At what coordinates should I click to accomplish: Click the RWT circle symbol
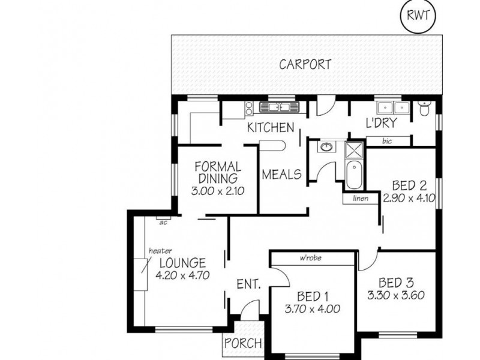[418, 16]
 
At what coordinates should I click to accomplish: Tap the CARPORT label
[305, 65]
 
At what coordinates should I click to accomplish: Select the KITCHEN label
[271, 127]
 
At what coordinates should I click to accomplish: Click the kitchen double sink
[279, 107]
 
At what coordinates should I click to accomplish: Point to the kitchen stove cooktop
[249, 109]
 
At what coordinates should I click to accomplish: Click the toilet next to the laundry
[424, 108]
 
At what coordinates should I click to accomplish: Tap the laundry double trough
[394, 107]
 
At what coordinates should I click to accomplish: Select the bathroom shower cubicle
[354, 150]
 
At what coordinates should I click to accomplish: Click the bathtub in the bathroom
[354, 175]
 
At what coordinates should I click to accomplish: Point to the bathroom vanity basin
[326, 147]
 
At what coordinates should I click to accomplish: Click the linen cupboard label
[361, 199]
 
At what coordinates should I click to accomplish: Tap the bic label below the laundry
[387, 141]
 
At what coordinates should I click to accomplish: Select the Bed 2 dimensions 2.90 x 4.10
[409, 198]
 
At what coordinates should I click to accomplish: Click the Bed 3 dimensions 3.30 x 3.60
[396, 295]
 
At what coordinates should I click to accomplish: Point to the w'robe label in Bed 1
[310, 258]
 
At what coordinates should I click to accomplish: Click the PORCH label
[244, 343]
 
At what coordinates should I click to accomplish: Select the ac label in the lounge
[163, 223]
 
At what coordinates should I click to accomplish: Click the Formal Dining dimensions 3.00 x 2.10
[218, 191]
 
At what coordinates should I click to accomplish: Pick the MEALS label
[281, 175]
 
